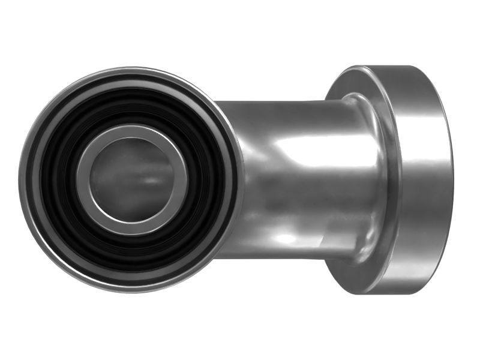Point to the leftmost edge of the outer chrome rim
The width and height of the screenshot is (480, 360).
click(x=20, y=180)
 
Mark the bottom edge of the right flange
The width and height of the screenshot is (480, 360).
click(x=390, y=293)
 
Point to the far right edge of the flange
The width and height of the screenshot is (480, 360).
click(x=453, y=180)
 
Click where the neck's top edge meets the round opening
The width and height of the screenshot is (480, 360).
click(x=217, y=102)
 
